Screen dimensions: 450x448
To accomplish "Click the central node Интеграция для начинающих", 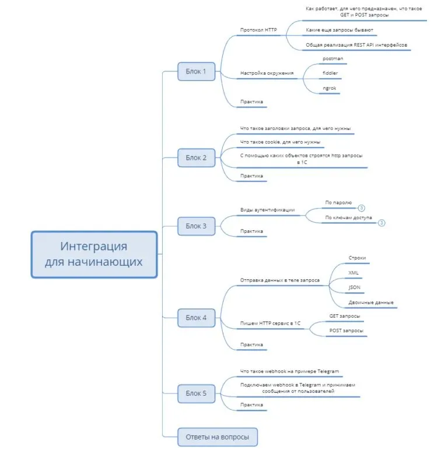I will point(94,254).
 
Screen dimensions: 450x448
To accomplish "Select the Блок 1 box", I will point(196,71).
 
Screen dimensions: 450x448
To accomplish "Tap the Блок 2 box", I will point(196,157).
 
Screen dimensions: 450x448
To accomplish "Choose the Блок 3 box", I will point(196,226).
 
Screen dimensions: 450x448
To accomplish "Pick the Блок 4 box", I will point(196,318).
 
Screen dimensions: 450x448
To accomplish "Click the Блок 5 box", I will point(196,393).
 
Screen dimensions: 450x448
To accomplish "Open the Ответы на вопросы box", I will point(217,437).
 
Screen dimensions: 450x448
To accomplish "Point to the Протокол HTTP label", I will point(258,30).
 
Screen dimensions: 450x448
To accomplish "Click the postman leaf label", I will point(332,59).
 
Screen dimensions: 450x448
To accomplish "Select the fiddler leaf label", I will point(330,73).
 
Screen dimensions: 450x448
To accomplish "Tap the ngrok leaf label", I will point(330,89).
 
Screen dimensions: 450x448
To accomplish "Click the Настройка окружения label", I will point(267,73).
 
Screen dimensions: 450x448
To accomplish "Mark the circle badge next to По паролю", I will point(361,208).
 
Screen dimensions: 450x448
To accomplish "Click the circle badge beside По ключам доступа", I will point(381,222).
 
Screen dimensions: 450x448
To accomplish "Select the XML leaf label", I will point(353,272).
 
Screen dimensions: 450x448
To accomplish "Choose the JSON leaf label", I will point(354,287).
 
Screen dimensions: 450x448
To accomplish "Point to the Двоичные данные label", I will point(371,303).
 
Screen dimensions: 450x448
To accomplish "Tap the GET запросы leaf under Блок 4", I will point(344,316).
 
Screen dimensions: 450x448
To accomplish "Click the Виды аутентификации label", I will point(267,210).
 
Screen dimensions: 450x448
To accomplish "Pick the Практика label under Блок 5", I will point(251,405).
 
